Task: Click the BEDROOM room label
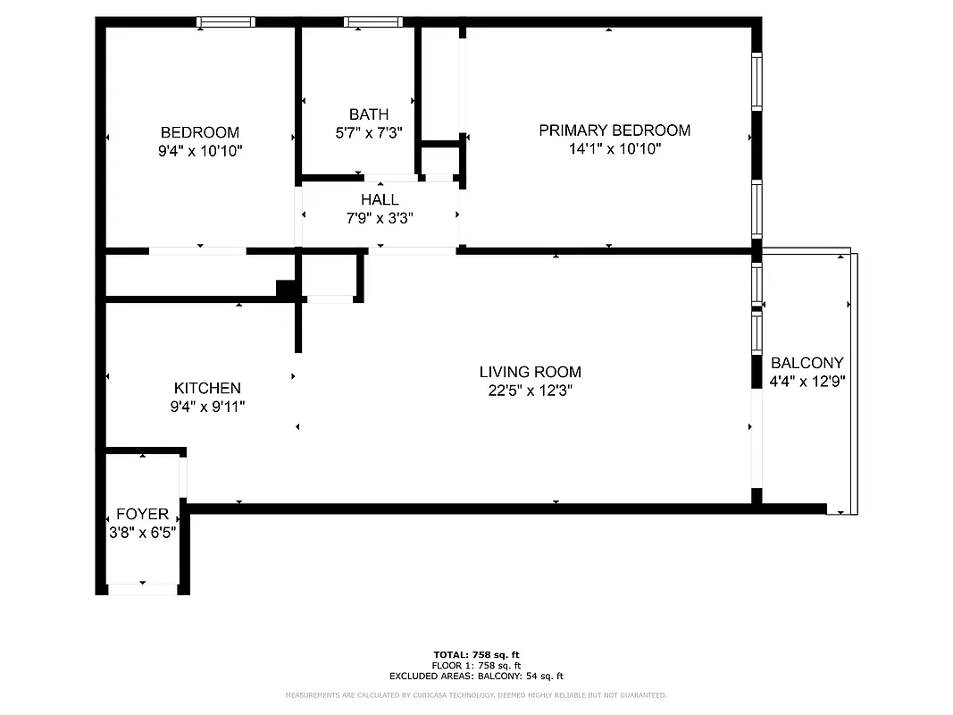[x=199, y=132]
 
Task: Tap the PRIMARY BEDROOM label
[x=614, y=130]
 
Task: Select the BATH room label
[x=369, y=114]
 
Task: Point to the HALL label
[x=380, y=199]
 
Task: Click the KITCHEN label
[x=207, y=388]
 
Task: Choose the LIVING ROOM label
[x=530, y=372]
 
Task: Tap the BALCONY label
[x=807, y=363]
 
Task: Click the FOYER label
[x=142, y=514]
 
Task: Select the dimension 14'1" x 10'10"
[x=614, y=149]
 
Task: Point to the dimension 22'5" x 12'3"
[x=530, y=391]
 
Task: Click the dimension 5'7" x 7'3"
[x=369, y=133]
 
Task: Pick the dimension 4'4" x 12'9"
[x=807, y=381]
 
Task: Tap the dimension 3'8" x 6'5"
[x=142, y=532]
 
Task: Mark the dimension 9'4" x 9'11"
[x=207, y=407]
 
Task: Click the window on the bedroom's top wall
[x=226, y=22]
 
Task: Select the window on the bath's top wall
[x=372, y=22]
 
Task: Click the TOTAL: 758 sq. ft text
[x=476, y=654]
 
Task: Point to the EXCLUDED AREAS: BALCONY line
[x=476, y=677]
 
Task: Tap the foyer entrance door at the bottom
[x=143, y=589]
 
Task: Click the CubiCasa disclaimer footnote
[x=476, y=695]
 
